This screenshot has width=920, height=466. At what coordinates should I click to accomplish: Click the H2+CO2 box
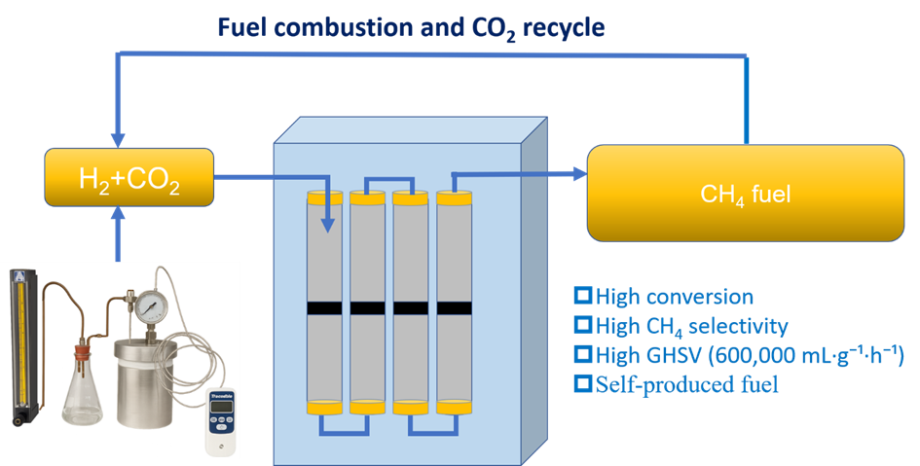point(129,178)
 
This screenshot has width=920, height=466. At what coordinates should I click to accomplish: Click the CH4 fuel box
point(746,194)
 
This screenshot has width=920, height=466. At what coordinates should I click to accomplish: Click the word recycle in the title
point(562,27)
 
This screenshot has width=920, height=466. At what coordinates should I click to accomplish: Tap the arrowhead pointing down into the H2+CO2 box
point(119,141)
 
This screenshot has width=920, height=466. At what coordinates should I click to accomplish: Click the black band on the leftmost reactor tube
point(325,309)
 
